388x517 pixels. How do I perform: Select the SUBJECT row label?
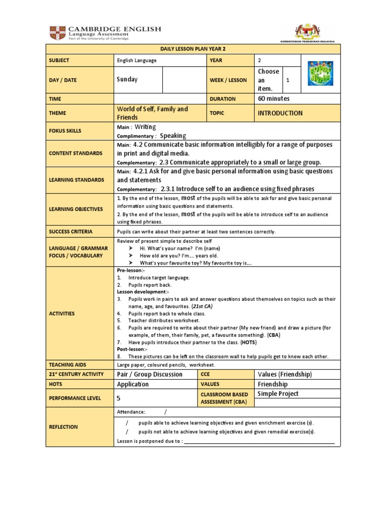click(x=59, y=61)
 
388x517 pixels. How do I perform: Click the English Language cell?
click(x=136, y=61)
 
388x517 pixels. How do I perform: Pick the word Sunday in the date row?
click(x=127, y=80)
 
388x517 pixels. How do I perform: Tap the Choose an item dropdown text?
click(x=268, y=80)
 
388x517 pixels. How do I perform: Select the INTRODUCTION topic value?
click(x=280, y=114)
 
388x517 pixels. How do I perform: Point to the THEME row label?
click(x=58, y=114)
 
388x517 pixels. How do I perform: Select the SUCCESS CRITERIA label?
click(x=71, y=232)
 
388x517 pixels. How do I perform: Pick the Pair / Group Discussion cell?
click(x=150, y=375)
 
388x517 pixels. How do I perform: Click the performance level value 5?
click(x=119, y=398)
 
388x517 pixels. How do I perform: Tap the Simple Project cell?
click(x=278, y=394)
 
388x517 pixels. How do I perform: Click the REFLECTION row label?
click(x=63, y=427)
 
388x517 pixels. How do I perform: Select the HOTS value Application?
click(x=133, y=384)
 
